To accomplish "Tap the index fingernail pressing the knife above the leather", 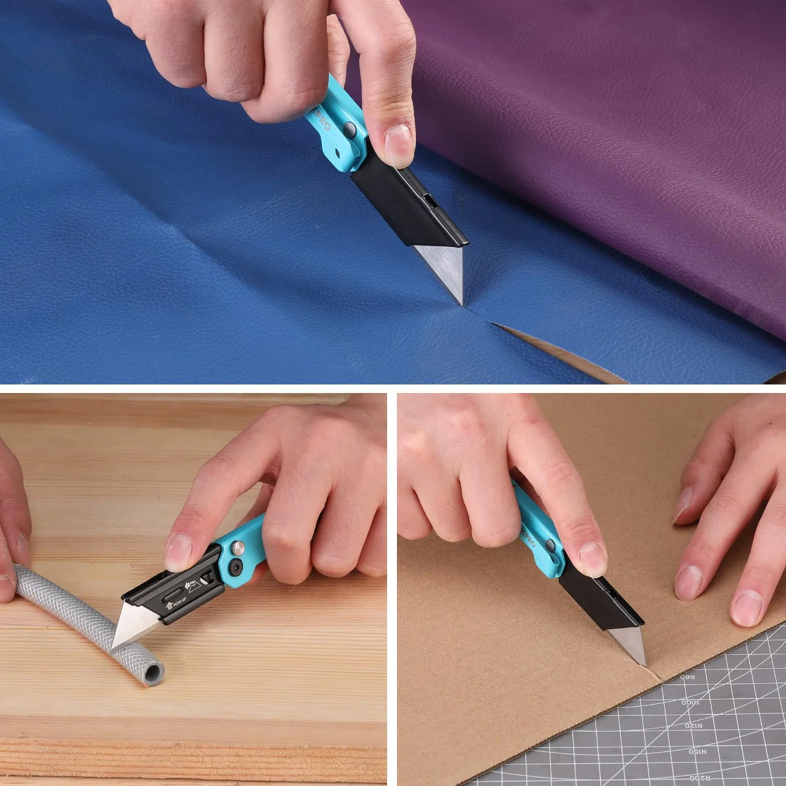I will click(398, 143).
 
